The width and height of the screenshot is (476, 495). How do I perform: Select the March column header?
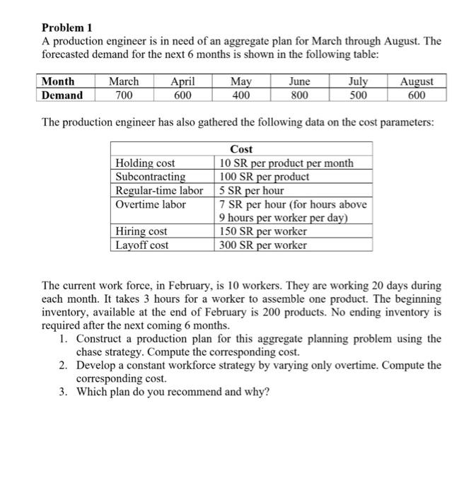(123, 81)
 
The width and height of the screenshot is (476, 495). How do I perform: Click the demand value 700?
(123, 95)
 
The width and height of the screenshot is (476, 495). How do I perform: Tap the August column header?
(417, 81)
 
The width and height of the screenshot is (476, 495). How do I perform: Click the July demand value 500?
(358, 95)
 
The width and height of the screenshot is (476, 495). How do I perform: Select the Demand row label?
(62, 95)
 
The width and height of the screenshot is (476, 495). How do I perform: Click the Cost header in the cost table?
(241, 149)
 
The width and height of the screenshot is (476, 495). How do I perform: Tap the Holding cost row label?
(145, 163)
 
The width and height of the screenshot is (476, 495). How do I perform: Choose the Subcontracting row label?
(150, 177)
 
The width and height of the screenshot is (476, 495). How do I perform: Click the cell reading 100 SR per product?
(260, 177)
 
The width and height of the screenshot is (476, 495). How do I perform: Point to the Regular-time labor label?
(159, 190)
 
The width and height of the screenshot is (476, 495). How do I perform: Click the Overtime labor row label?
(151, 204)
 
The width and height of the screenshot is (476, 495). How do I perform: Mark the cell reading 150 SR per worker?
(262, 231)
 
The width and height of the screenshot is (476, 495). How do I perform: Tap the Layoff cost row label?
(142, 245)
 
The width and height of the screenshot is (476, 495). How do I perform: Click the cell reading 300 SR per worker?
(262, 245)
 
